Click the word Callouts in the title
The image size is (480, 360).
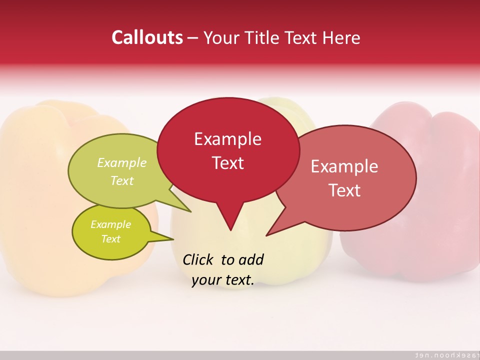point(147,37)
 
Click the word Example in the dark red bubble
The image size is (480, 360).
point(228,139)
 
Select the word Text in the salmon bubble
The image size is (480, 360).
point(344,190)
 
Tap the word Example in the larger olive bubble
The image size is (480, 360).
point(122,163)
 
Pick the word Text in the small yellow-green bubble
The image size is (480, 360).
point(111,239)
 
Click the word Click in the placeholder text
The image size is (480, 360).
point(199,259)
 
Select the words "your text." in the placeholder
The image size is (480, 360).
point(223,280)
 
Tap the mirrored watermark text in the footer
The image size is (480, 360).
point(443,355)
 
